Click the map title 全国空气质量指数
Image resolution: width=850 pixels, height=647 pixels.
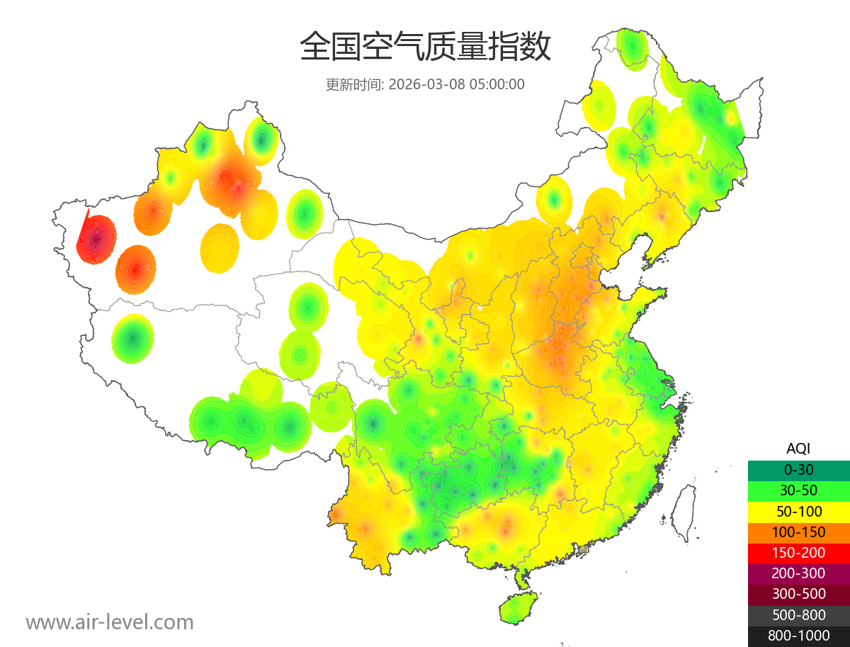click(x=425, y=47)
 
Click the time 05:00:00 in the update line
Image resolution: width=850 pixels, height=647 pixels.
click(x=497, y=84)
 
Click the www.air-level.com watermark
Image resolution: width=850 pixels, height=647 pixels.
click(x=110, y=622)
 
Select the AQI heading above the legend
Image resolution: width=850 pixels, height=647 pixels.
click(x=798, y=449)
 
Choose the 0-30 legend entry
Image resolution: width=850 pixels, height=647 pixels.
click(x=798, y=470)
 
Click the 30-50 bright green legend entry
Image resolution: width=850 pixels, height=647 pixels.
click(x=798, y=490)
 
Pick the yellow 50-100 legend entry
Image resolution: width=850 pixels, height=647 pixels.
click(x=798, y=511)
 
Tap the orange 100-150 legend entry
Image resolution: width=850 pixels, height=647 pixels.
click(x=798, y=532)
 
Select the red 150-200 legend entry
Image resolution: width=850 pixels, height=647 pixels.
click(x=798, y=553)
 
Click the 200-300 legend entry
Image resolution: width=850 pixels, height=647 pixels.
click(x=798, y=573)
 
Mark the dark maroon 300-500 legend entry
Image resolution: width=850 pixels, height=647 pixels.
click(x=798, y=594)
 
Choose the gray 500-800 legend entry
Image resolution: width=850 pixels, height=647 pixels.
click(x=798, y=614)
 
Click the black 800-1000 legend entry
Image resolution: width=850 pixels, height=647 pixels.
click(x=798, y=636)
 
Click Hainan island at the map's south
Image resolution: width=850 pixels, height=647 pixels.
click(x=518, y=608)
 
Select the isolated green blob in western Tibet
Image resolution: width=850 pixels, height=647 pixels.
click(x=132, y=339)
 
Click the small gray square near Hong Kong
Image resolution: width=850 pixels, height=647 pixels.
click(x=583, y=550)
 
